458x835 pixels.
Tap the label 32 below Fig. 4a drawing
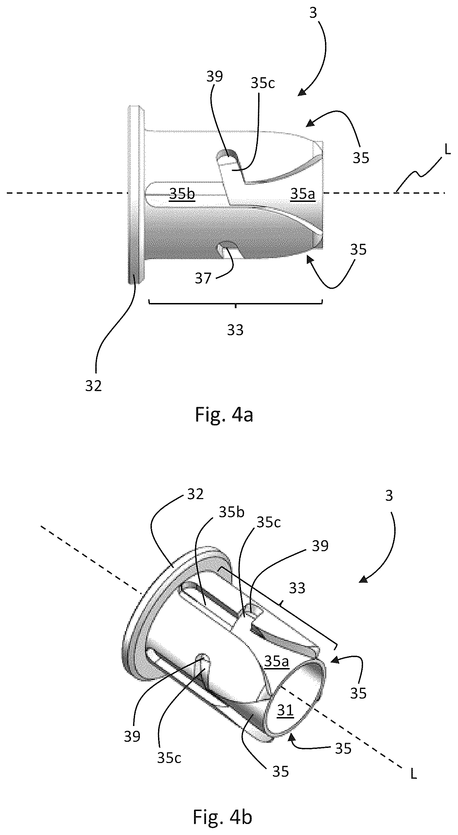(94, 386)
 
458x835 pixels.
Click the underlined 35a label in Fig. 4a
(302, 194)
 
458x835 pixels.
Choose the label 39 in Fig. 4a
(215, 77)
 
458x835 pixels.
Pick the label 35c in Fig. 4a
(263, 83)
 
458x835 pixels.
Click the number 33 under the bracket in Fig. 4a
(236, 330)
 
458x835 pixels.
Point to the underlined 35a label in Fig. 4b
(277, 661)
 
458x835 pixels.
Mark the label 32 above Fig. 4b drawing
(195, 494)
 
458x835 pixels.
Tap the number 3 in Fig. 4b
(389, 496)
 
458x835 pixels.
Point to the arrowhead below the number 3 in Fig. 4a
(302, 92)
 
